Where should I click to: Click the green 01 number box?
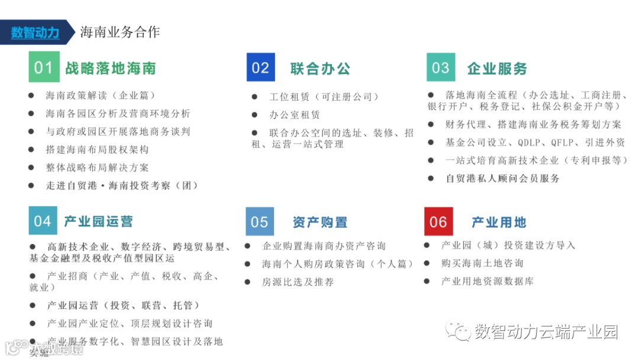click(x=44, y=67)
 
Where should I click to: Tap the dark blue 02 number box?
click(x=260, y=67)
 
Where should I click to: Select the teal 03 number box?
click(x=441, y=67)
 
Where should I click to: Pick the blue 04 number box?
click(x=43, y=221)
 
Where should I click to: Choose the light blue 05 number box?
click(x=260, y=222)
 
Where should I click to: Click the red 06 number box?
click(x=438, y=222)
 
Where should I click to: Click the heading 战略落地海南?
click(x=111, y=68)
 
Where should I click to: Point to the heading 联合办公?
click(x=320, y=68)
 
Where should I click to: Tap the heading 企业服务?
click(x=497, y=68)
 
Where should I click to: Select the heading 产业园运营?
click(x=99, y=221)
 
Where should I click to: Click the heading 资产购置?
click(x=319, y=223)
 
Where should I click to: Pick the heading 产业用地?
click(x=499, y=223)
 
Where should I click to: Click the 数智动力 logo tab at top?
click(x=35, y=32)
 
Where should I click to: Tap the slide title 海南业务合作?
click(x=120, y=32)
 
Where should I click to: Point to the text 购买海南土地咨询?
click(x=482, y=263)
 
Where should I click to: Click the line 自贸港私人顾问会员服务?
click(x=502, y=178)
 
